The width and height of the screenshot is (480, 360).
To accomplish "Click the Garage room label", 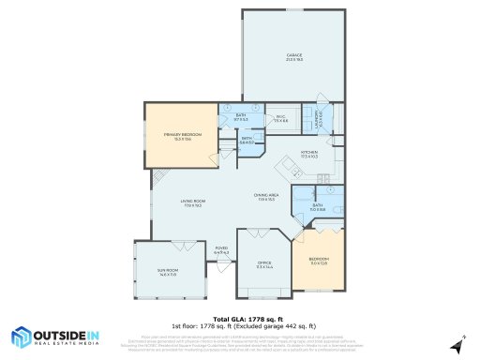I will (x=293, y=57).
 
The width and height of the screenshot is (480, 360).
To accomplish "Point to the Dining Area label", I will (x=266, y=196).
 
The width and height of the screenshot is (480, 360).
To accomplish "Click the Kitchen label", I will (x=310, y=153).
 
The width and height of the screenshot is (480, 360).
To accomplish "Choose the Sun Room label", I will (x=169, y=272).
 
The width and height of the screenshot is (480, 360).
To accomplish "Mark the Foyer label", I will (x=221, y=250).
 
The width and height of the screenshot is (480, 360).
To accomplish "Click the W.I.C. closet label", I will (x=280, y=119).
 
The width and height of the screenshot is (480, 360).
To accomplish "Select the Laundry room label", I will (x=320, y=119).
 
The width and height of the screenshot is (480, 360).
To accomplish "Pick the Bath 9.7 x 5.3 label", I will (x=240, y=117).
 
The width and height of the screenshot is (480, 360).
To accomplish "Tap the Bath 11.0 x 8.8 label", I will (x=317, y=207).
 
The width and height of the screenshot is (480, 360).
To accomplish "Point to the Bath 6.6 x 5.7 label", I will (x=247, y=141).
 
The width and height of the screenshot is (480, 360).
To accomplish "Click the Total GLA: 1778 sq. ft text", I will (x=240, y=318).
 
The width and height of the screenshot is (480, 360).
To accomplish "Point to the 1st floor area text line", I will (x=240, y=325).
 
